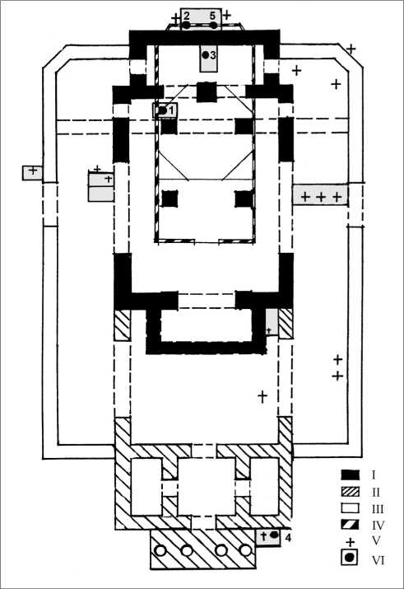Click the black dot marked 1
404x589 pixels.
click(x=162, y=110)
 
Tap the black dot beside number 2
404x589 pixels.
click(x=187, y=26)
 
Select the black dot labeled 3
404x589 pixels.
click(x=205, y=55)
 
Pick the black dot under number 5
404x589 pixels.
click(x=213, y=26)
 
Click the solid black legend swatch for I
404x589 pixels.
click(x=350, y=474)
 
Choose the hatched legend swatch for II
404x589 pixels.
click(x=350, y=491)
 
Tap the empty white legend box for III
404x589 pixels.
click(x=350, y=508)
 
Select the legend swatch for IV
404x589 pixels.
click(x=350, y=525)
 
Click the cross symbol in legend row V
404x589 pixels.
click(x=350, y=542)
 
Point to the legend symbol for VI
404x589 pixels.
click(x=350, y=558)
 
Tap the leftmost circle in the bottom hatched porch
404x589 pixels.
click(x=161, y=550)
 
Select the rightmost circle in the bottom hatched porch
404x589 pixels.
click(x=245, y=550)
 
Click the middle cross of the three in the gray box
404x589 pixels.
click(x=321, y=196)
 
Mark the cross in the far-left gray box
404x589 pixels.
click(x=33, y=171)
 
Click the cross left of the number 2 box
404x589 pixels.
click(x=175, y=18)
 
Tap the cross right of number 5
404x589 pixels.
click(x=226, y=16)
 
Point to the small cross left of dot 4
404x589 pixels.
click(x=263, y=535)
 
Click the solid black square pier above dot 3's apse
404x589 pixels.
click(x=207, y=92)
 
